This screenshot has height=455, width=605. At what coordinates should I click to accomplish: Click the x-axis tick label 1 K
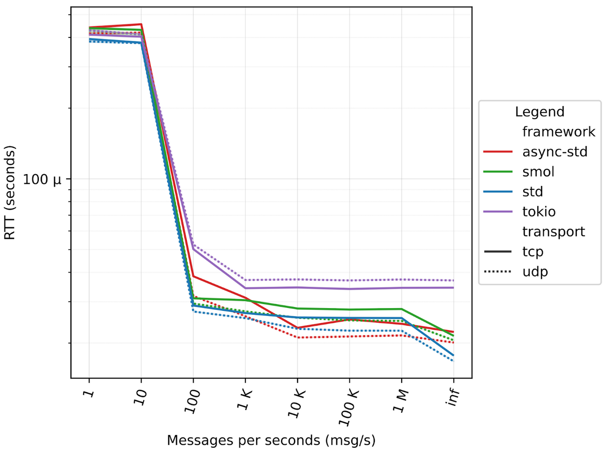pyautogui.click(x=245, y=399)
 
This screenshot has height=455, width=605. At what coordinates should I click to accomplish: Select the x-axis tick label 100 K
pyautogui.click(x=347, y=404)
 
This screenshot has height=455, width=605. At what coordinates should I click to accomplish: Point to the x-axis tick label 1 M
pyautogui.click(x=401, y=399)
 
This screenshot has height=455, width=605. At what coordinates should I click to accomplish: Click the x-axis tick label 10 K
pyautogui.click(x=296, y=401)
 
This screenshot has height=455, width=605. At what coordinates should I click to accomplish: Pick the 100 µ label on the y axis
pyautogui.click(x=42, y=180)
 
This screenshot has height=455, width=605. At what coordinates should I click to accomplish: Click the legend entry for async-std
pyautogui.click(x=555, y=152)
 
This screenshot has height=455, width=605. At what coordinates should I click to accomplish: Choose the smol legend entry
pyautogui.click(x=539, y=172)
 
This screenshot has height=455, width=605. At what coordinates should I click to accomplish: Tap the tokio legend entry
pyautogui.click(x=539, y=212)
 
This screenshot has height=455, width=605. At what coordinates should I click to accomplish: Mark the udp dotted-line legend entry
pyautogui.click(x=535, y=272)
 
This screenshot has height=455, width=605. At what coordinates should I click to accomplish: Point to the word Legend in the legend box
pyautogui.click(x=540, y=111)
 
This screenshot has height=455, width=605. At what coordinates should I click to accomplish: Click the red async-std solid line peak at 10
pyautogui.click(x=141, y=24)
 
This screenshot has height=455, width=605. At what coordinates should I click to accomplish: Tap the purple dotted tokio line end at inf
pyautogui.click(x=453, y=280)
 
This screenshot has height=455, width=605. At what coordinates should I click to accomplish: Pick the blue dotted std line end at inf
pyautogui.click(x=453, y=361)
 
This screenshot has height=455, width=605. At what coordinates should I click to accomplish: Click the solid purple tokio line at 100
pyautogui.click(x=193, y=249)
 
